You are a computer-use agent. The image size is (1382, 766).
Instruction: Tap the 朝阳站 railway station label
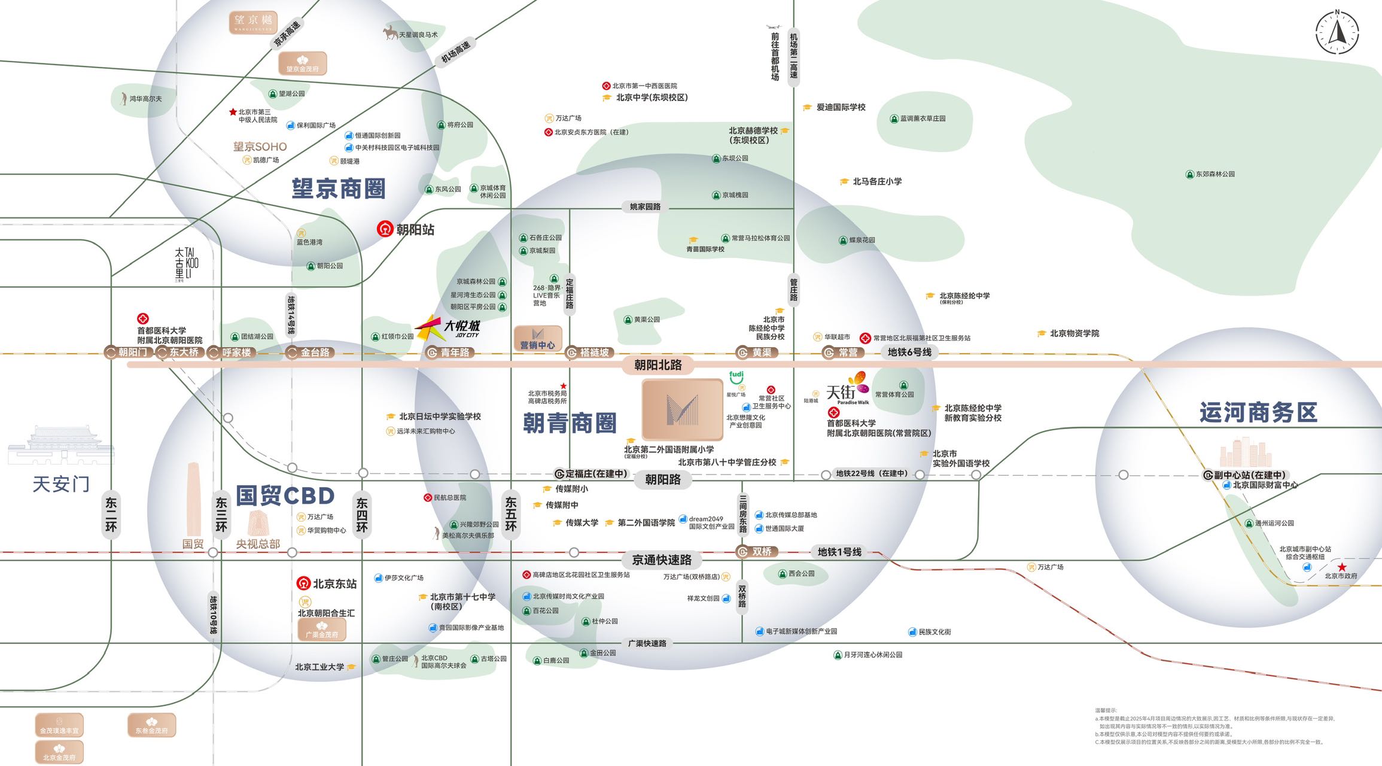(406, 229)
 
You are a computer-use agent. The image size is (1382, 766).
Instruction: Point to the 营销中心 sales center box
(537, 338)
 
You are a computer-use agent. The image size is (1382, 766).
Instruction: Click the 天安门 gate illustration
(60, 446)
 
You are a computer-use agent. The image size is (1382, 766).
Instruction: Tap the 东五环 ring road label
(510, 513)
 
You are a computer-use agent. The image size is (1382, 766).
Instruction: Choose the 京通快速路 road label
(662, 560)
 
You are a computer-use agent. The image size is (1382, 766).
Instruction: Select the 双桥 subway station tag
(756, 552)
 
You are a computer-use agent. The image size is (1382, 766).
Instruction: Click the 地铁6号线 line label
(909, 352)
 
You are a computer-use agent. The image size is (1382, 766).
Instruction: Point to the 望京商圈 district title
(339, 189)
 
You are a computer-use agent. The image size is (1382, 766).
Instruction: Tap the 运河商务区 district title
(1258, 413)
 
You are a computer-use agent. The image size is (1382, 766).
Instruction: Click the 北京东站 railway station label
(327, 583)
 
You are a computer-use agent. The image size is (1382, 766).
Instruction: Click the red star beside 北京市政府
(1342, 567)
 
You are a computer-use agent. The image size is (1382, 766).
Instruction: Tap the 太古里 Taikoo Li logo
(187, 263)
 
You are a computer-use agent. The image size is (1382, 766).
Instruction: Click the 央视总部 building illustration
(258, 524)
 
